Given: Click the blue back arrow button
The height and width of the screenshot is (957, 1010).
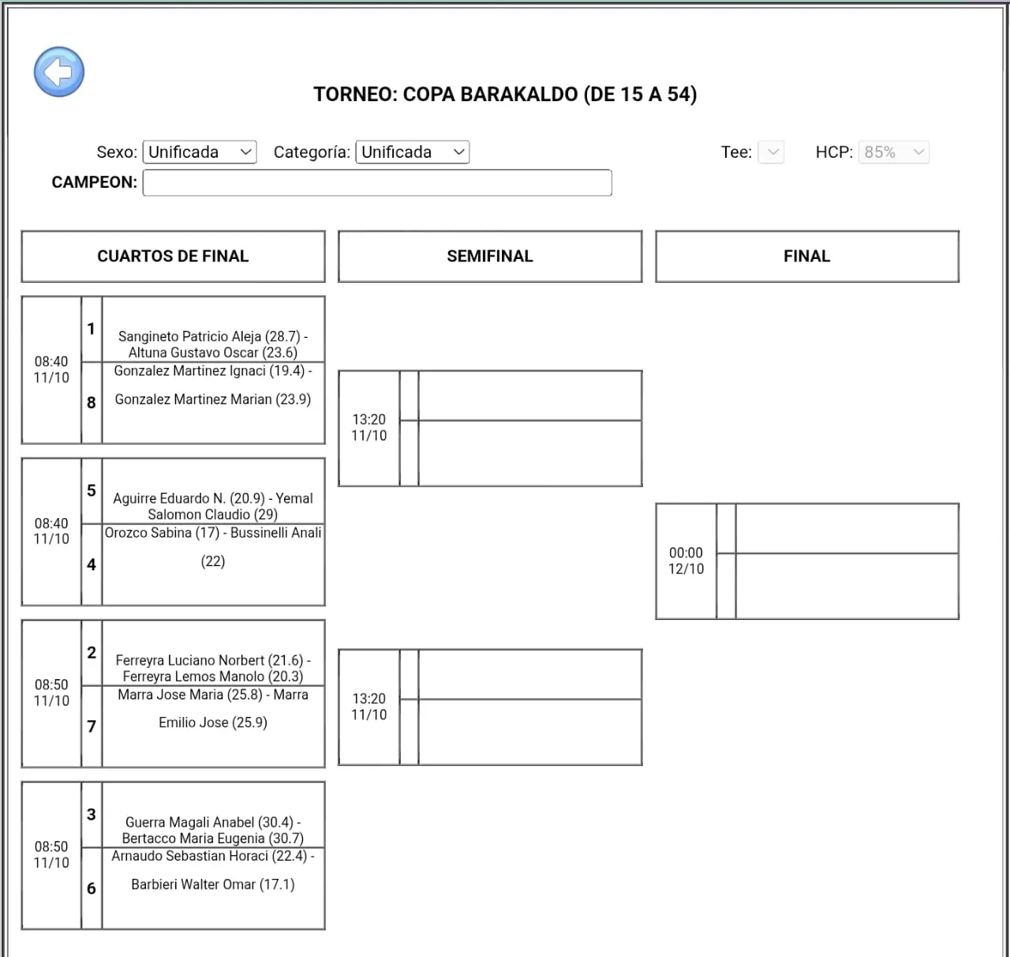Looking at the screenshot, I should click(58, 72).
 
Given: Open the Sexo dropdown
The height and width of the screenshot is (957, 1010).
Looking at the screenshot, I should click(200, 152).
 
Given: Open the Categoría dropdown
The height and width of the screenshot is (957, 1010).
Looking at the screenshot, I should click(412, 152).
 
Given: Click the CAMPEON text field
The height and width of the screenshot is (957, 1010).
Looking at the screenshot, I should click(377, 182).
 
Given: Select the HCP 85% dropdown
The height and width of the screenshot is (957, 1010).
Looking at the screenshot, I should click(893, 152).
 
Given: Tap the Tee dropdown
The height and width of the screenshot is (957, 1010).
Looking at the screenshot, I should click(771, 152).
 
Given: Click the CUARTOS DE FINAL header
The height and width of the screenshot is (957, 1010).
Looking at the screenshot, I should click(173, 257).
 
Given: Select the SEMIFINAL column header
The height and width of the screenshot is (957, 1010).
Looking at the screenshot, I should click(490, 257).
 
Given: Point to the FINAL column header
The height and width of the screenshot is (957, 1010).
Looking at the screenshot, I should click(806, 257).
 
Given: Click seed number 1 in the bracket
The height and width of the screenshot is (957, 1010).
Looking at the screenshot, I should click(92, 329).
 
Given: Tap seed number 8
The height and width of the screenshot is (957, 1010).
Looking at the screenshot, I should click(92, 403).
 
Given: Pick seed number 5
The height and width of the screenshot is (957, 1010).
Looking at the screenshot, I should click(92, 491).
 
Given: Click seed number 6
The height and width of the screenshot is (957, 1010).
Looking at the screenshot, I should click(92, 888).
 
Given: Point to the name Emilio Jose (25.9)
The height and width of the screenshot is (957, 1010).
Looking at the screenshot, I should click(213, 722).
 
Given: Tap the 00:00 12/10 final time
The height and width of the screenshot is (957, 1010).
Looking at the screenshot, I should click(686, 561).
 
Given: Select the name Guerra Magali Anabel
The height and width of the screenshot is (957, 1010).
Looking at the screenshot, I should click(189, 822).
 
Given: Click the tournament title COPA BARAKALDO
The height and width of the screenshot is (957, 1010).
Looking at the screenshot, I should click(505, 95).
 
